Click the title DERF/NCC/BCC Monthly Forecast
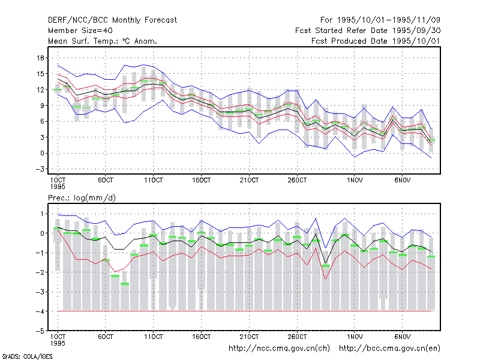(x=112, y=20)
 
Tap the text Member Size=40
(x=80, y=31)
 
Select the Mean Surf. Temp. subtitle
(x=103, y=41)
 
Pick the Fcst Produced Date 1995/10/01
(x=376, y=41)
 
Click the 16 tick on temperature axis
(x=41, y=58)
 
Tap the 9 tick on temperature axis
(x=42, y=106)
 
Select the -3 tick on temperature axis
(x=40, y=169)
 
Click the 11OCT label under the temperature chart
(x=154, y=181)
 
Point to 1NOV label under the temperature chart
(x=355, y=181)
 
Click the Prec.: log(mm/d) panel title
(x=82, y=198)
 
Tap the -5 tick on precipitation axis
(x=40, y=331)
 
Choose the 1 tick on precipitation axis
(x=42, y=214)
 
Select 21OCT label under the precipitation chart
(x=249, y=337)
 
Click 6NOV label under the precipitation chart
(x=402, y=337)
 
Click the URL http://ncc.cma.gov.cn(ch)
(x=280, y=349)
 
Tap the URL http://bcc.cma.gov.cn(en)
(x=389, y=349)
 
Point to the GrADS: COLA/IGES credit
(x=27, y=356)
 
